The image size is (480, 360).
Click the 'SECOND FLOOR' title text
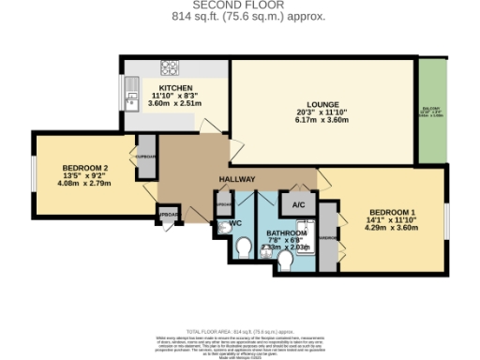coord(240,6)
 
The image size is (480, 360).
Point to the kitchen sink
coord(130,91)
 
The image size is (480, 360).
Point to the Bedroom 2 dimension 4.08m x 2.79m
coord(73,183)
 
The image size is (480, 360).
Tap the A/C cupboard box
coord(299,204)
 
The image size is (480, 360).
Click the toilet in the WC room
coord(242,247)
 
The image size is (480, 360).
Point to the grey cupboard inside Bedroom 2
coord(146,156)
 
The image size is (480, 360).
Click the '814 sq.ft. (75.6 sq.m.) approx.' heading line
coord(240,17)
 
